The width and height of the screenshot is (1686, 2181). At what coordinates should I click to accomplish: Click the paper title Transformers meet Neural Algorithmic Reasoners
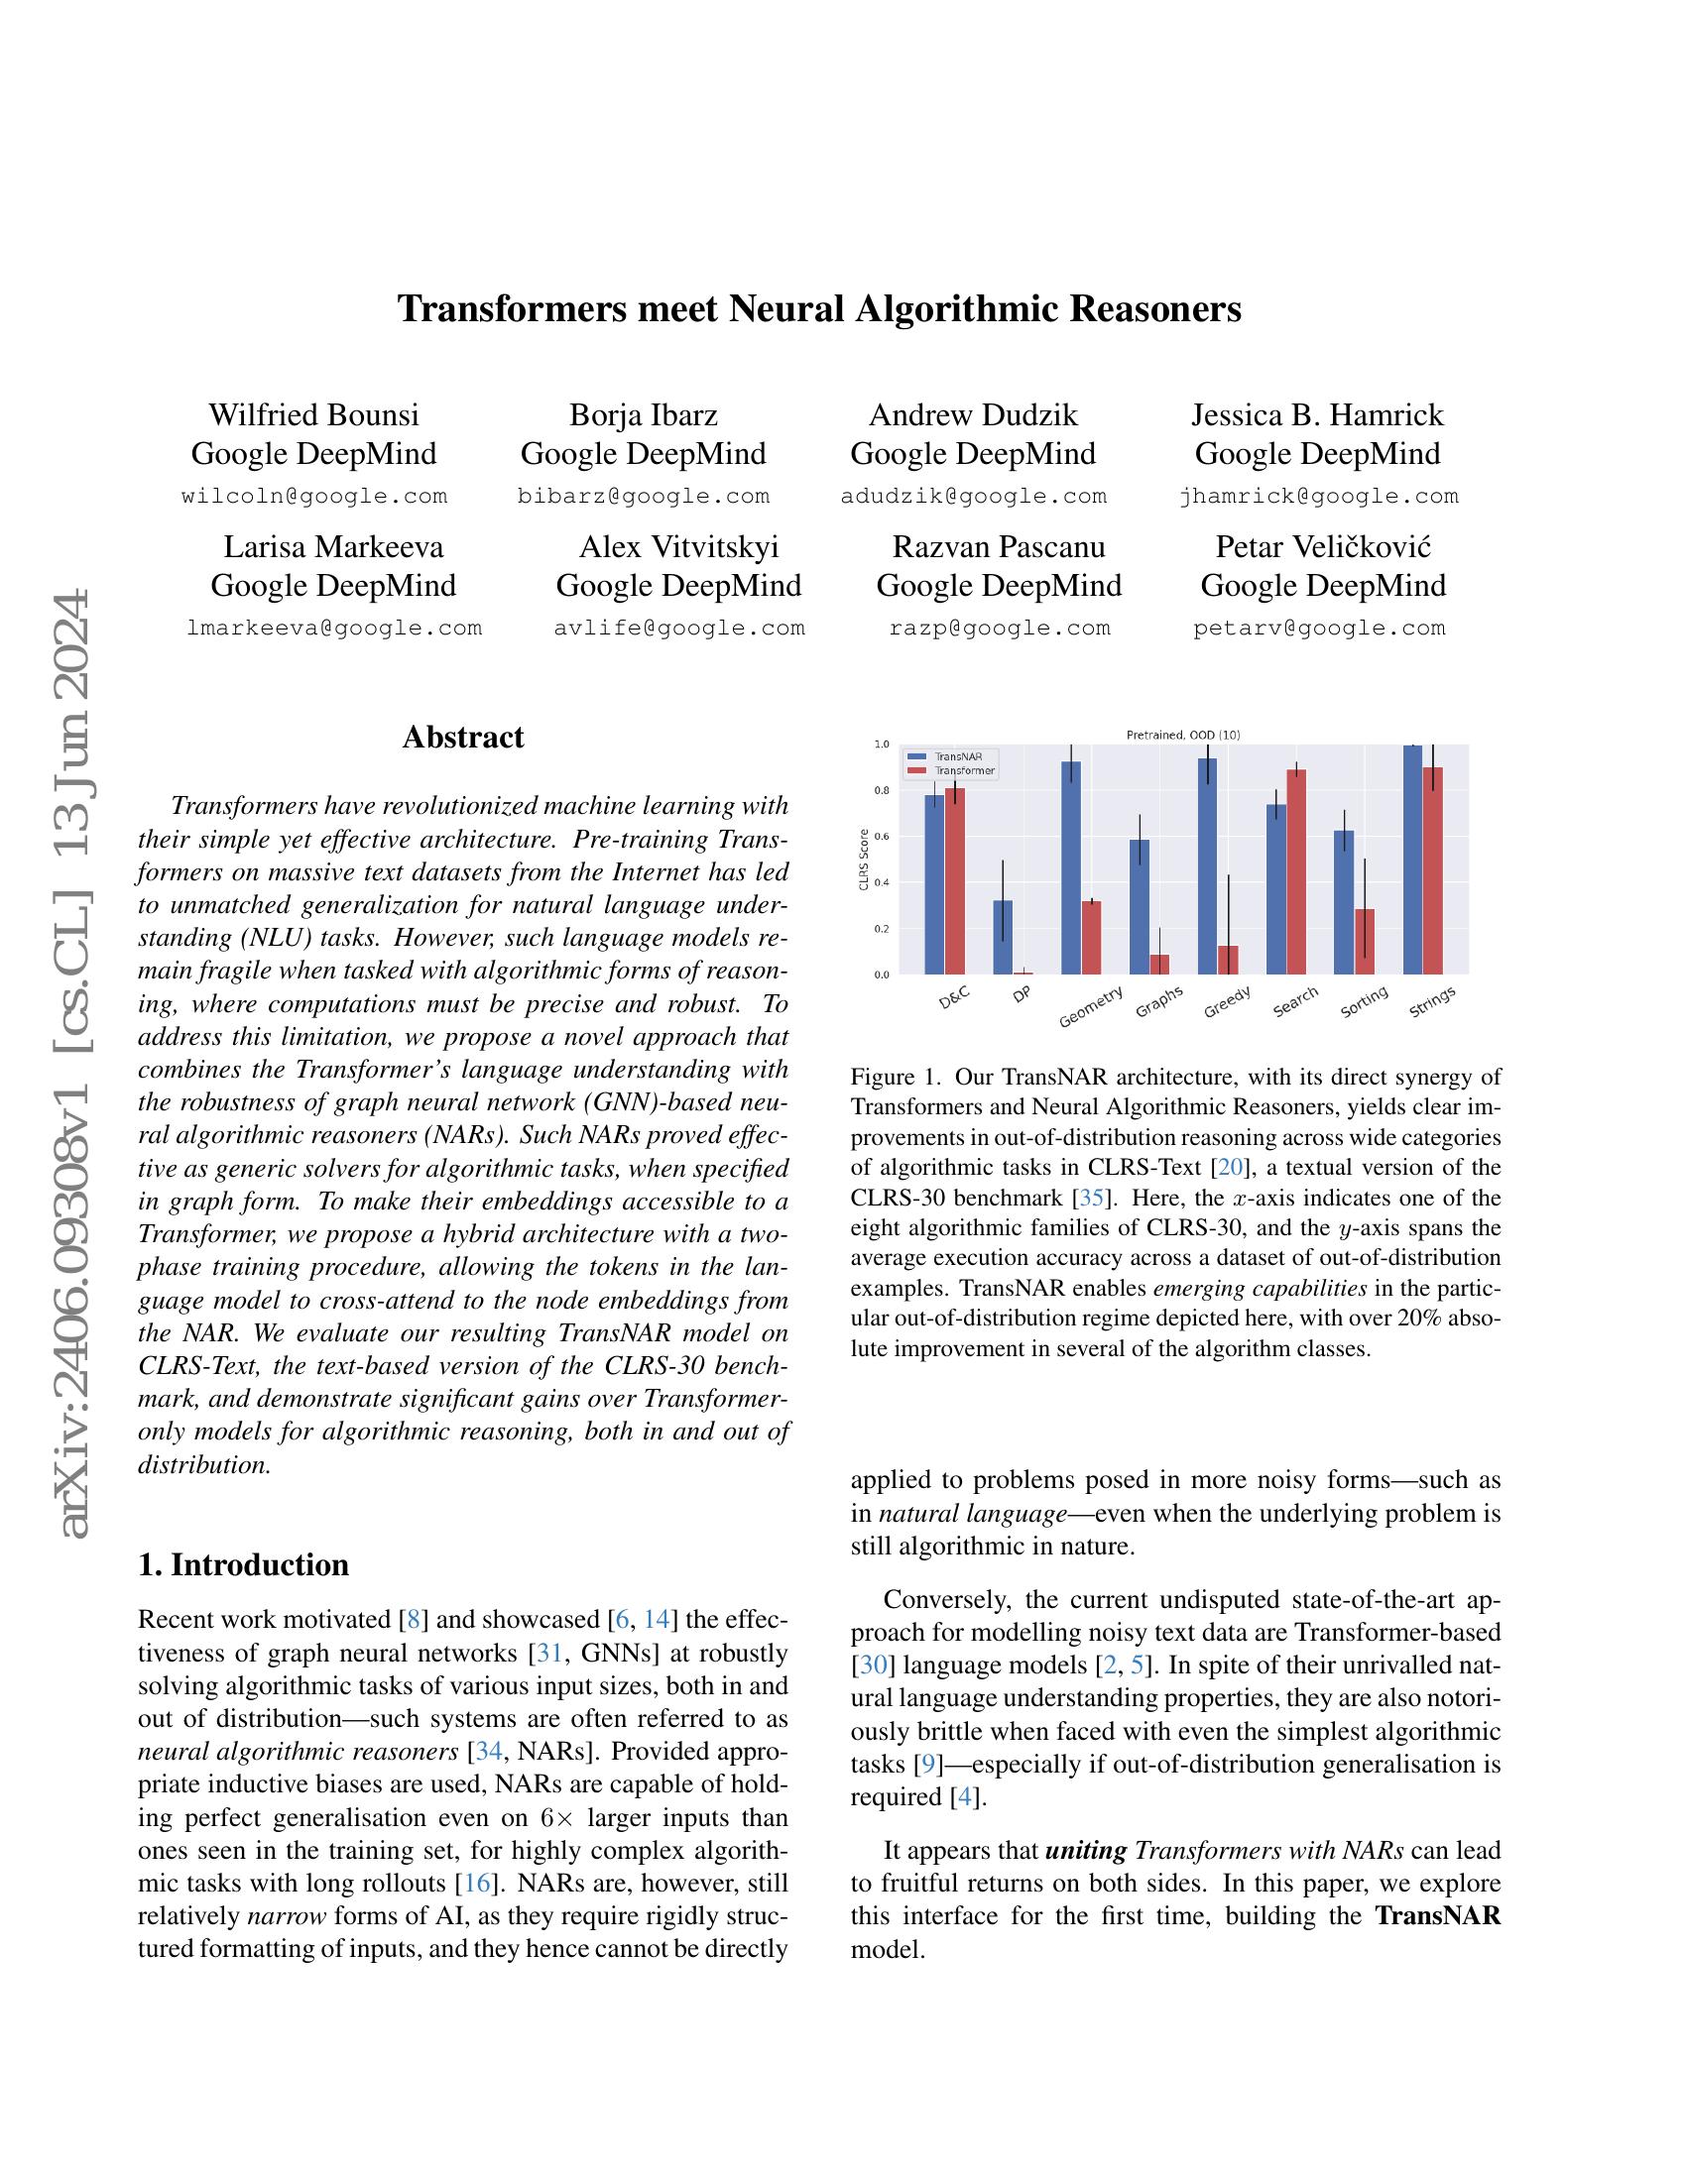pyautogui.click(x=819, y=308)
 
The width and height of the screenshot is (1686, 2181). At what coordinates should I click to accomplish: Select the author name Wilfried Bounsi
pyautogui.click(x=313, y=414)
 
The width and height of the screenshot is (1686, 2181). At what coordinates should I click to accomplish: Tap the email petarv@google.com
pyautogui.click(x=1318, y=629)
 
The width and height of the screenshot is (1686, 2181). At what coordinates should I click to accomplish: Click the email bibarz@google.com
pyautogui.click(x=644, y=497)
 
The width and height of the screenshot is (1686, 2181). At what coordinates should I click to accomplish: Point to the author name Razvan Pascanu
pyautogui.click(x=998, y=546)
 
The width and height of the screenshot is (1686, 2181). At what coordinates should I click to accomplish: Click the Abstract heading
pyautogui.click(x=462, y=737)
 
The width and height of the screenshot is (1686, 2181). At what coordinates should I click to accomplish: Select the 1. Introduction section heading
pyautogui.click(x=244, y=1563)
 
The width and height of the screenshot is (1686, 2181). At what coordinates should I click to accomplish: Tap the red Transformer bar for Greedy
pyautogui.click(x=1228, y=959)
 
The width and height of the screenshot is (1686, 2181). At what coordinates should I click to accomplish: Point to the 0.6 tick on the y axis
pyautogui.click(x=881, y=837)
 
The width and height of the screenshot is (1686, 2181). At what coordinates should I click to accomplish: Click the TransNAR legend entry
pyautogui.click(x=957, y=757)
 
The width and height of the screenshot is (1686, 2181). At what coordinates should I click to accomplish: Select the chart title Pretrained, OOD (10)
pyautogui.click(x=1183, y=735)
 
